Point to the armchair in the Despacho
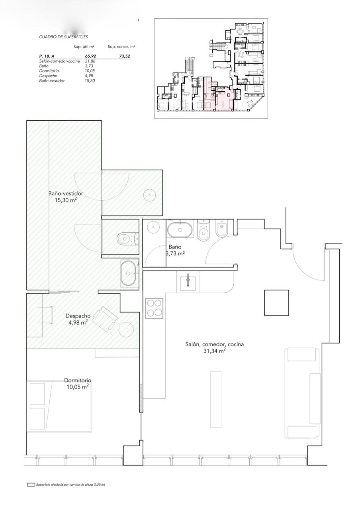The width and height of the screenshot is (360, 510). (x=106, y=319)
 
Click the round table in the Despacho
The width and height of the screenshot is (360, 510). (x=126, y=330)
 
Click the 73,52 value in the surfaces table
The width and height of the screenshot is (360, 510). (x=125, y=56)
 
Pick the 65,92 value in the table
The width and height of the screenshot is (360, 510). (x=90, y=56)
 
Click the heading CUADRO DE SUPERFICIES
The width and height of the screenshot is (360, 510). (x=63, y=37)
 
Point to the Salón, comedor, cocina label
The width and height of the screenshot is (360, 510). (x=214, y=344)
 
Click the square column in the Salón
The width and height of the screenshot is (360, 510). (x=276, y=302)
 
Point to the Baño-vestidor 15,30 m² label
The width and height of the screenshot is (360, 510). (x=66, y=197)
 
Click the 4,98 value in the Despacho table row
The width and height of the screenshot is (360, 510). (x=90, y=76)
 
